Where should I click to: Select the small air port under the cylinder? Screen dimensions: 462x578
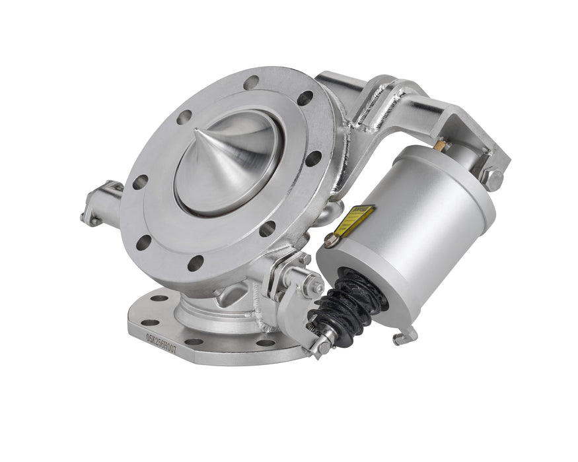click(404, 337)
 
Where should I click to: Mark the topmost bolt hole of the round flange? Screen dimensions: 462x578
click(251, 82)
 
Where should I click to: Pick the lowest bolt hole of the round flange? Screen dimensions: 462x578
click(195, 263)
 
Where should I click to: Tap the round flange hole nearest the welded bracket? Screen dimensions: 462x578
click(305, 98)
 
